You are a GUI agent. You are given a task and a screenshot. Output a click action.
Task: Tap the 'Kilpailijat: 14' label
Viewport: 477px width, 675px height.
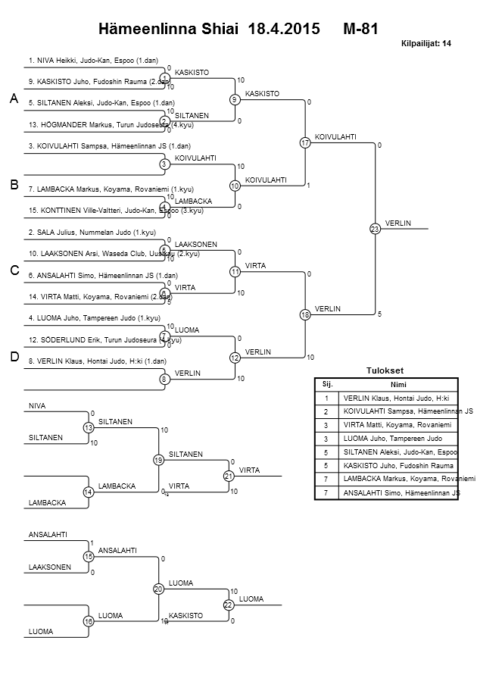click(426, 44)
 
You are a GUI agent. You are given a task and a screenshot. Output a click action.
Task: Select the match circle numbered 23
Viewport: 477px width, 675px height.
click(374, 229)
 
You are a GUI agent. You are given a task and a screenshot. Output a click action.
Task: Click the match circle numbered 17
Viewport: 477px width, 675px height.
click(305, 142)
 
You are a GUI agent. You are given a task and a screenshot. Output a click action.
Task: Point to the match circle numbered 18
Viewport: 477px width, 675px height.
click(305, 314)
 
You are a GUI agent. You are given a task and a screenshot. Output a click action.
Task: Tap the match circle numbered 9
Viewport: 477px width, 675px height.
click(235, 99)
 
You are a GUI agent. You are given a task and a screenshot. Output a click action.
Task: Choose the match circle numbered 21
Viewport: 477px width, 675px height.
click(228, 476)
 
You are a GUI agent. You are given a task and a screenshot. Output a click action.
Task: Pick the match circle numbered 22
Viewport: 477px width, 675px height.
click(228, 605)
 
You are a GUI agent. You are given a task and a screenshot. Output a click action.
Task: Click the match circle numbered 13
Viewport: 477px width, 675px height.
click(88, 428)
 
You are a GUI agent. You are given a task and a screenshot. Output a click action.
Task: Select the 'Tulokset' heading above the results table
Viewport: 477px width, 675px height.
click(385, 370)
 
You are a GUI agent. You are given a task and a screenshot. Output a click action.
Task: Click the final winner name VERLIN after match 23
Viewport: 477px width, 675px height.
click(397, 223)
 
